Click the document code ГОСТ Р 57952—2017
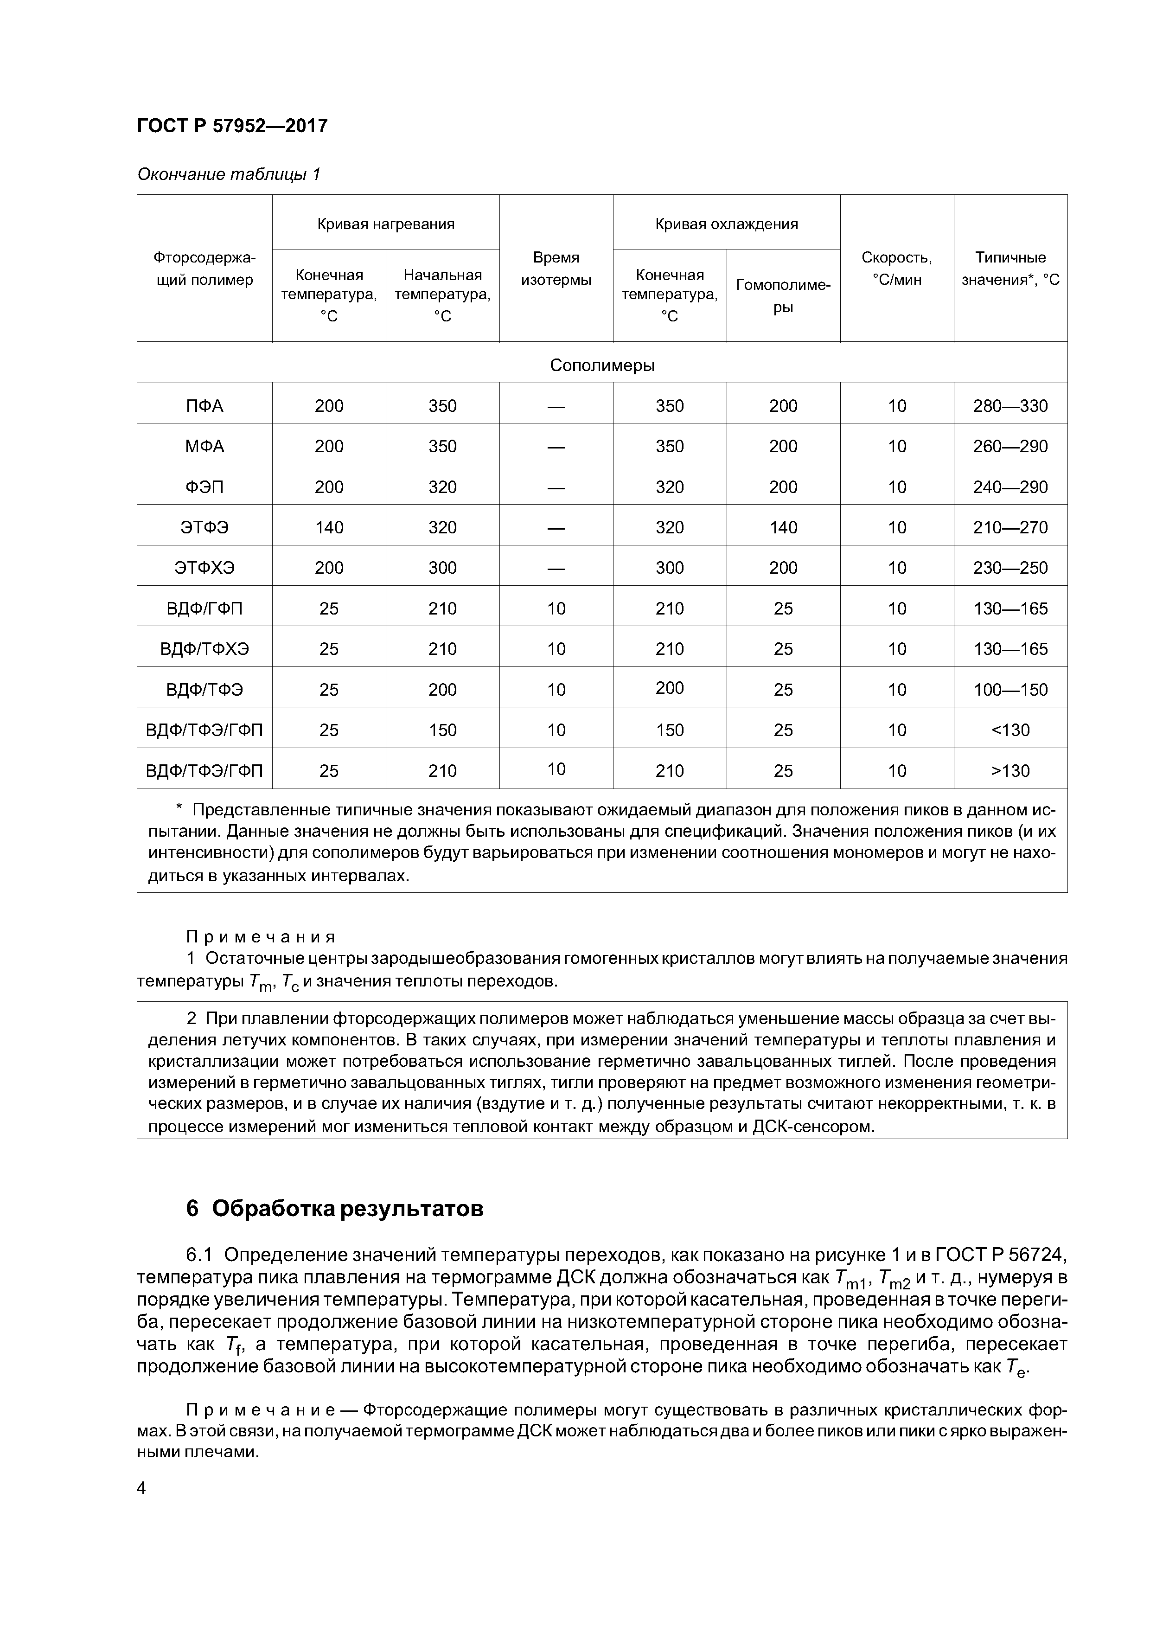pos(232,126)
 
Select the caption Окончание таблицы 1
pos(228,174)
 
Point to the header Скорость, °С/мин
pos(896,269)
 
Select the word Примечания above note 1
pos(260,937)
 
